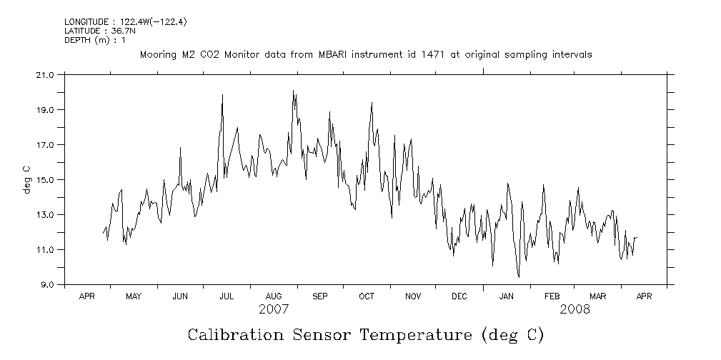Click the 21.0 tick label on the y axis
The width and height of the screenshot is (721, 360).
45,74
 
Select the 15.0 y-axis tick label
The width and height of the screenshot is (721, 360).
45,179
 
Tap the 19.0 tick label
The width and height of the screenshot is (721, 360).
45,109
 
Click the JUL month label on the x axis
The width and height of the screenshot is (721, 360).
227,296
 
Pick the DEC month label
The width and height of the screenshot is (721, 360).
459,296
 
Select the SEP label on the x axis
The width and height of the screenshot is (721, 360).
319,296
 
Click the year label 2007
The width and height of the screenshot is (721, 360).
273,309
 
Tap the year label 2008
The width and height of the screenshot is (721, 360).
575,309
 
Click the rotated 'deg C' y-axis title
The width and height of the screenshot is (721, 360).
26,179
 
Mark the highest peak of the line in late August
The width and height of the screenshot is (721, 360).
293,91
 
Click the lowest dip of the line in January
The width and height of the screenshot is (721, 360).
519,277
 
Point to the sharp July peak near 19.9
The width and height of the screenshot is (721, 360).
222,95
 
